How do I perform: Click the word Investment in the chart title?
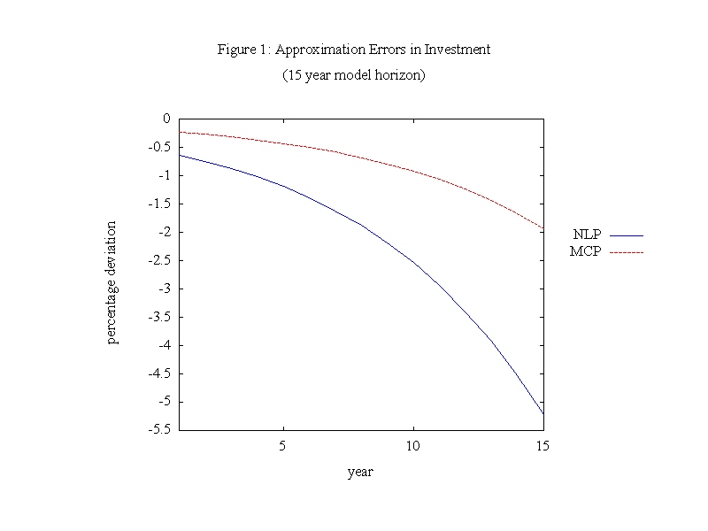458,50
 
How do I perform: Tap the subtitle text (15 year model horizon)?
354,75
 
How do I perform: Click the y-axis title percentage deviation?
112,282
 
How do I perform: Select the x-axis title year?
360,473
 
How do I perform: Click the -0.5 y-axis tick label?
159,147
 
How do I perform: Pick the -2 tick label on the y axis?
164,232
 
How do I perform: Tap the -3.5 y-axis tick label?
159,317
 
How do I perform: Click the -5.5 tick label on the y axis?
159,429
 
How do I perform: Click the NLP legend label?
586,235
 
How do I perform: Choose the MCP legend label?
586,252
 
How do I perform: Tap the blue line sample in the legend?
626,236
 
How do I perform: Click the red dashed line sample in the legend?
626,253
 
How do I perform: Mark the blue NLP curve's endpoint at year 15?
543,414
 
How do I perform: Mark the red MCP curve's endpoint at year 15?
543,228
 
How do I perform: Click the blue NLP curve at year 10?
412,260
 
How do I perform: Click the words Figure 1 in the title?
243,50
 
